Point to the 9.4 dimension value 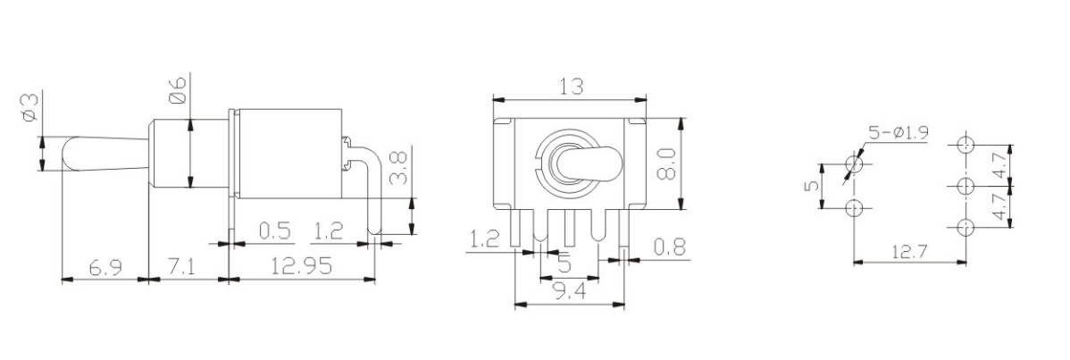coord(569,290)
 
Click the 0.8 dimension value coord(669,247)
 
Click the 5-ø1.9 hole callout coord(897,133)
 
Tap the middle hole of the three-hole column coord(964,186)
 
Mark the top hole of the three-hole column coord(964,145)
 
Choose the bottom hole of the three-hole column coord(964,227)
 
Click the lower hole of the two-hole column coord(854,208)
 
